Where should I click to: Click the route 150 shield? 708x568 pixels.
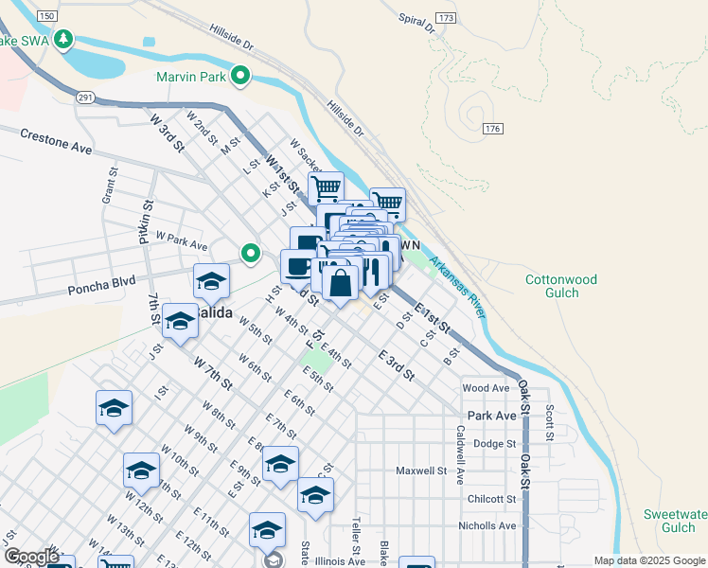(45, 17)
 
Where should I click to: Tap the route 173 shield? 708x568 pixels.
(447, 18)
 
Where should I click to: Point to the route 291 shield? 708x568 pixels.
(86, 98)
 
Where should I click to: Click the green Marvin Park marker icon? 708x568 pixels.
(241, 77)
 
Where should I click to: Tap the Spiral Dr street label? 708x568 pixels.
(416, 24)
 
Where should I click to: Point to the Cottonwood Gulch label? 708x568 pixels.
(561, 287)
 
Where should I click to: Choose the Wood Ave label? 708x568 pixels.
(487, 388)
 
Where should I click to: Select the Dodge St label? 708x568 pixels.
(494, 443)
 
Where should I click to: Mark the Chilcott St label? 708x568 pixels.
(491, 499)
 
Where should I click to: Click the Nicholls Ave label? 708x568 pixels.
(487, 525)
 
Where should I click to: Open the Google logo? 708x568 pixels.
(31, 557)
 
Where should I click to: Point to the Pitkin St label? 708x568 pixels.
(147, 223)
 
